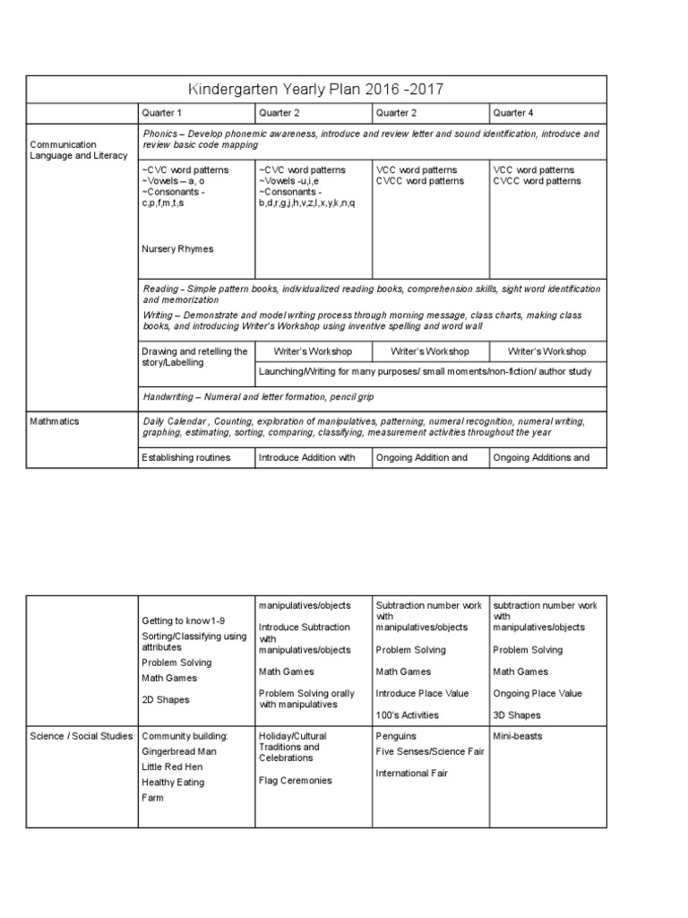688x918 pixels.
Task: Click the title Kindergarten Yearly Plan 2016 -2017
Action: (316, 90)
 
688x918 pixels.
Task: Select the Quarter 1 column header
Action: (161, 113)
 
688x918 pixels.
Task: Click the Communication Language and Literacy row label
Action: (75, 150)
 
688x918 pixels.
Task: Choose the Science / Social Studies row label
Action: (82, 736)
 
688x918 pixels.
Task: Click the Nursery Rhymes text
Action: (177, 248)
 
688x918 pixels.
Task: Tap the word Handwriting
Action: (171, 395)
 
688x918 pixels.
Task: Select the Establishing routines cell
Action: (185, 457)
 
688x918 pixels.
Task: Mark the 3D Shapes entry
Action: (516, 714)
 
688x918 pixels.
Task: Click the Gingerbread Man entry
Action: (179, 751)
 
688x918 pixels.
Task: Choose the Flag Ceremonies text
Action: (295, 781)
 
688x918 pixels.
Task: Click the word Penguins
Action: (395, 736)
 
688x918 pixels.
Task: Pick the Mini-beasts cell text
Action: (517, 736)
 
